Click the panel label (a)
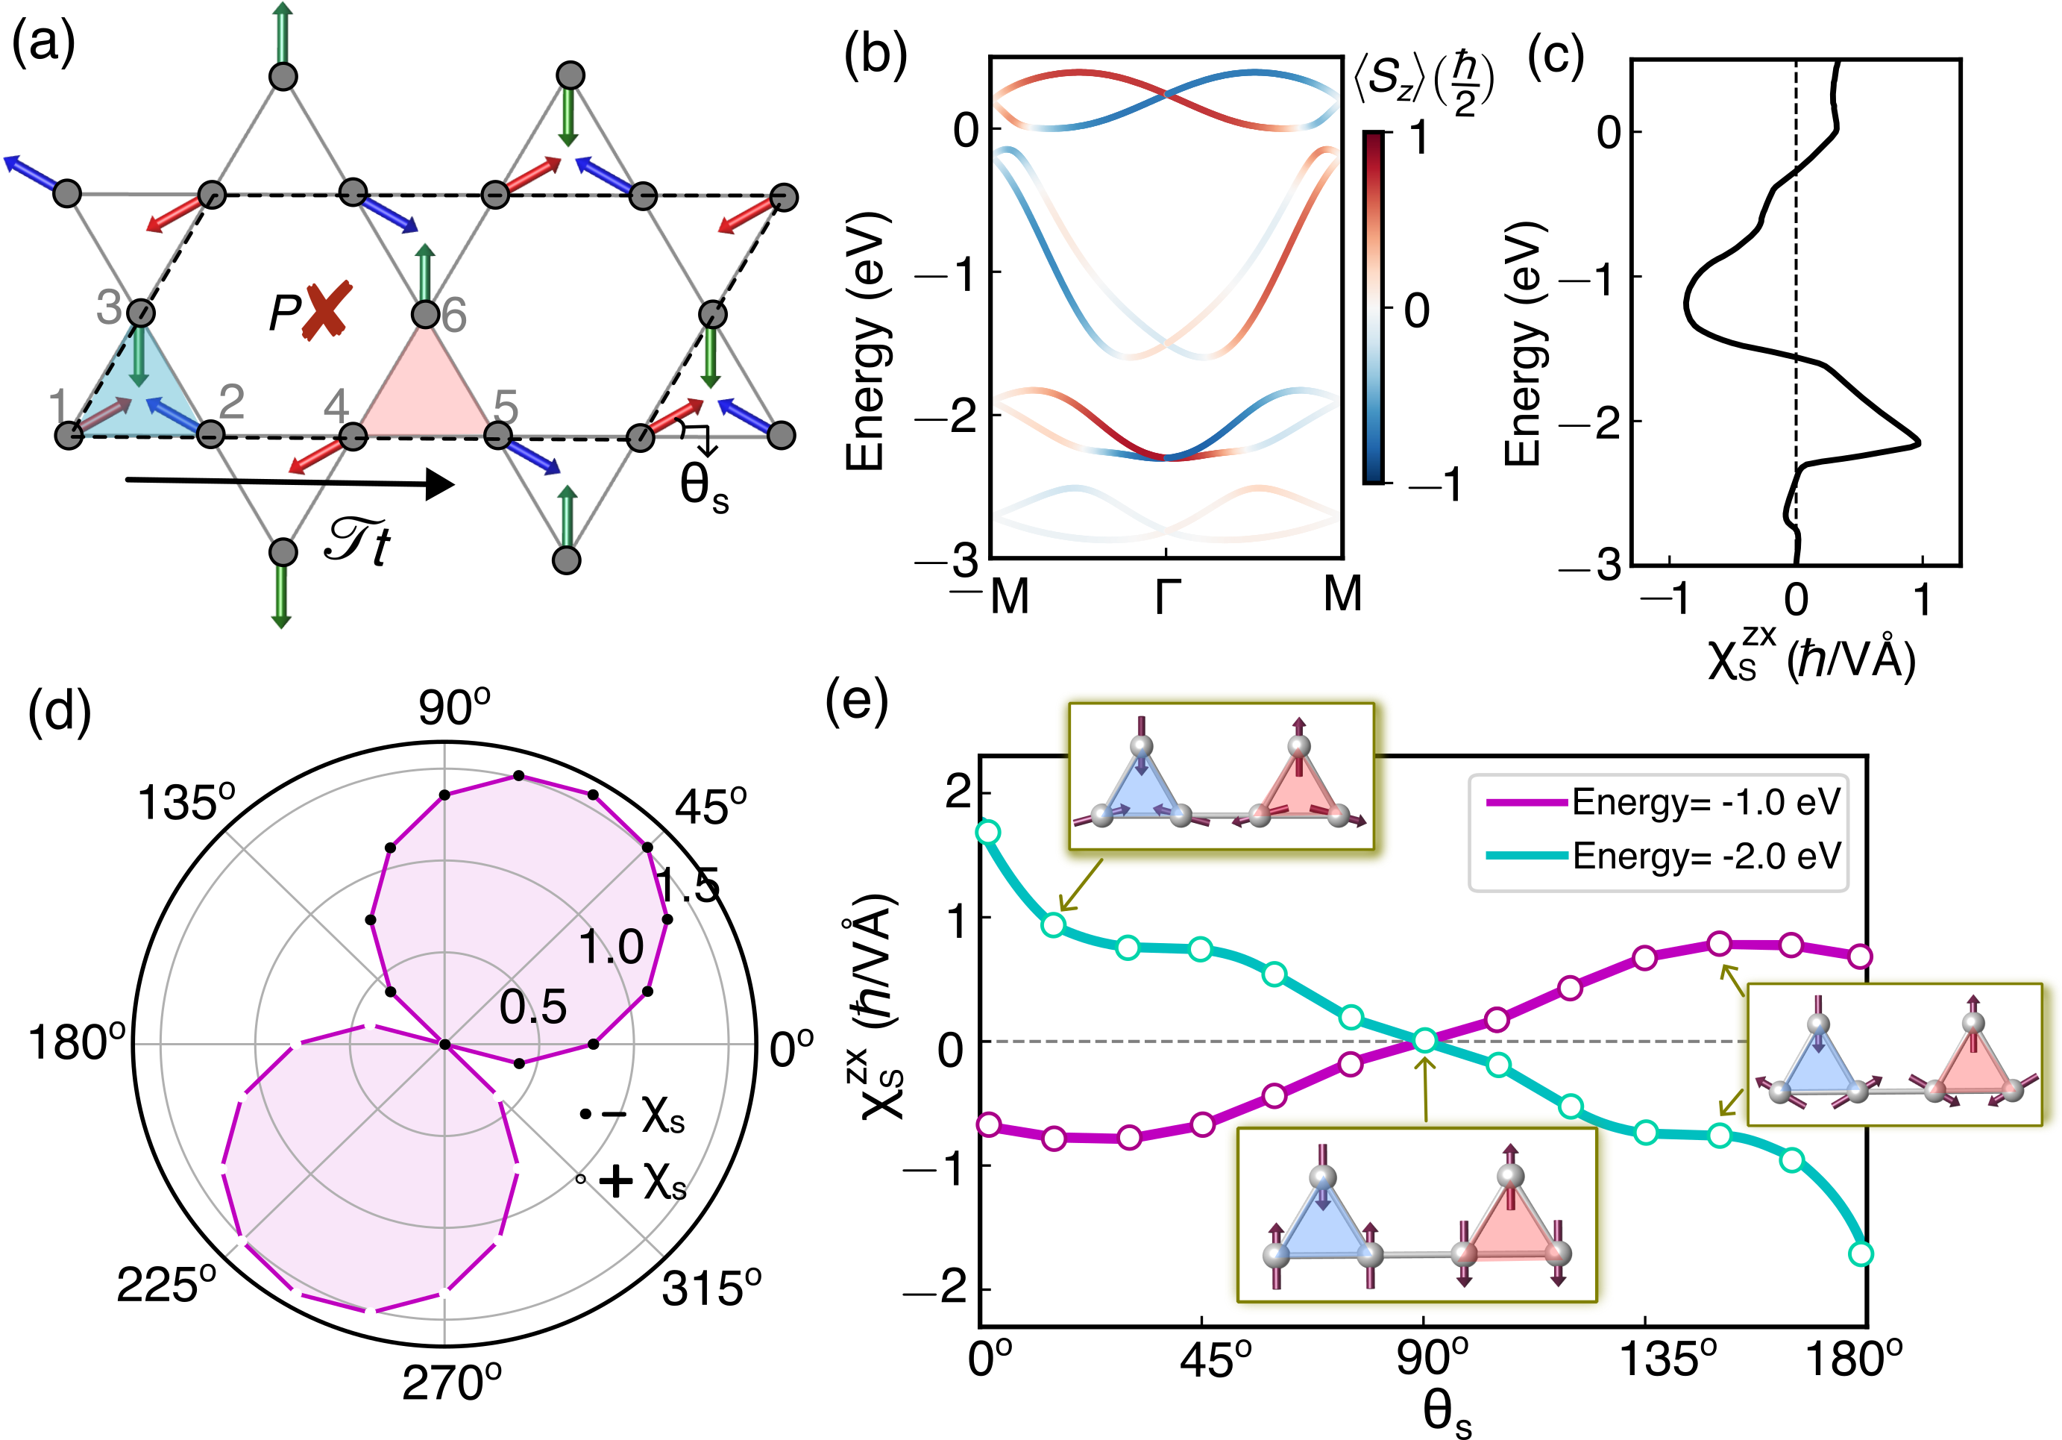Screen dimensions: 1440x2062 pos(43,43)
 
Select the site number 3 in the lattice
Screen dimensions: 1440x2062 pos(109,307)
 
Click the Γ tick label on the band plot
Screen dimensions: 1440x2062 pos(1166,595)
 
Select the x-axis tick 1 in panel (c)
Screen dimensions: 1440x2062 pos(1922,600)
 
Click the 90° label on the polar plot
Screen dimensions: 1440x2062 pos(453,707)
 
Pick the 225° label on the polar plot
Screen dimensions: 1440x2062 pos(166,1286)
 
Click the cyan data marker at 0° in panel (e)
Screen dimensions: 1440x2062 pos(988,832)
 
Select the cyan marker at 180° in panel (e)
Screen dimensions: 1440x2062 pos(1861,1254)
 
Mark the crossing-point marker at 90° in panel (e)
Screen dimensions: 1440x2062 pos(1424,1041)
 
